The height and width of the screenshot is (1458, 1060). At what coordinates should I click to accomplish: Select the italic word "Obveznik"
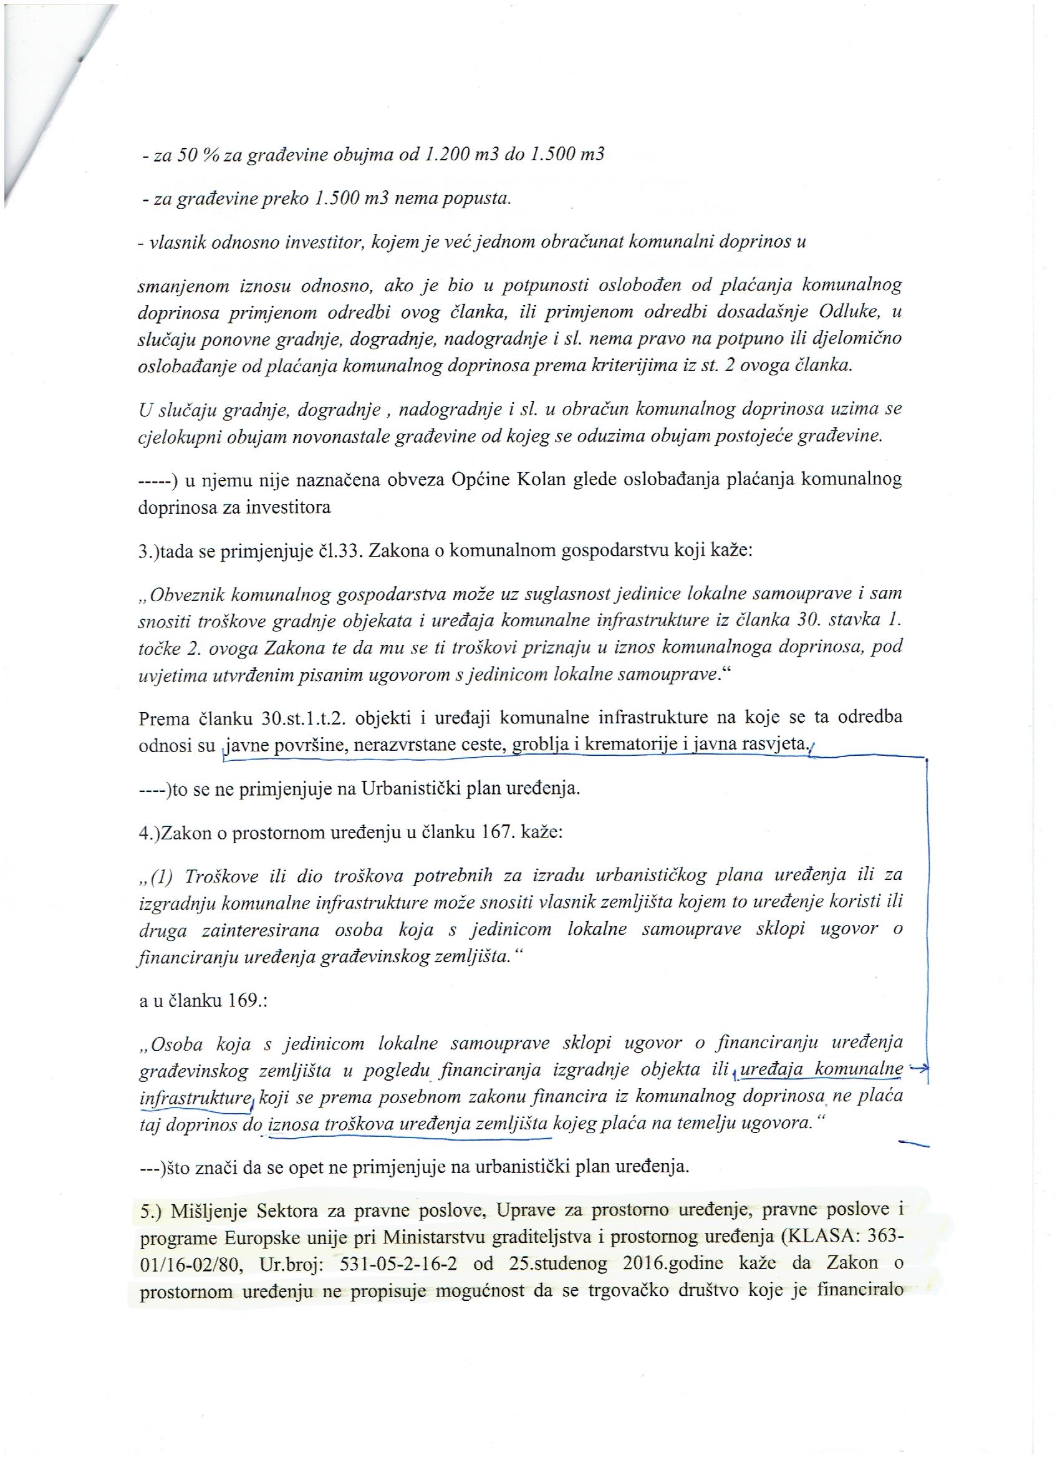point(187,594)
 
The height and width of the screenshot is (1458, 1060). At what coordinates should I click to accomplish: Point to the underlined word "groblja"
point(536,746)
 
